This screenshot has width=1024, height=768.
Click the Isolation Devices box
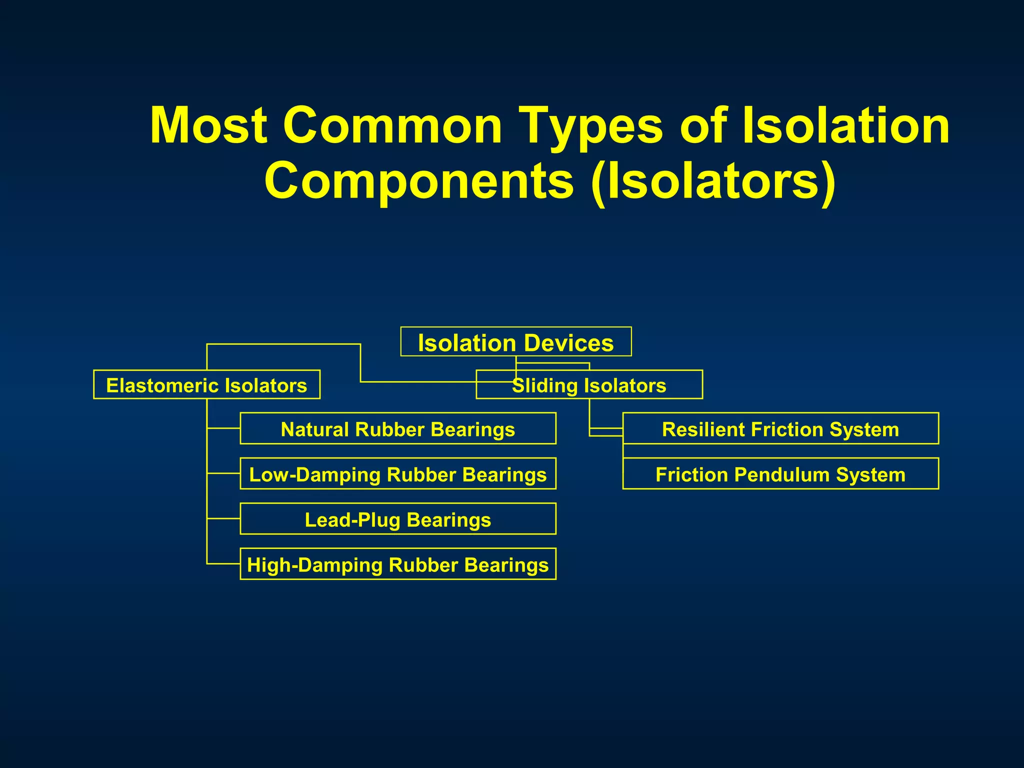click(x=515, y=342)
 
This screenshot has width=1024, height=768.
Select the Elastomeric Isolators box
click(x=206, y=384)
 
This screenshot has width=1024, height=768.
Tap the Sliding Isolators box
click(x=589, y=385)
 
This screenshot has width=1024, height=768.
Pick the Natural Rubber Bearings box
click(x=398, y=428)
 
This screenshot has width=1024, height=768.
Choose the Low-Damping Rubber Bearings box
click(x=398, y=473)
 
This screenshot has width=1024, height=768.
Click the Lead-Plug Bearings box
click(x=398, y=519)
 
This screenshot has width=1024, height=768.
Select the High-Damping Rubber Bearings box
click(x=398, y=564)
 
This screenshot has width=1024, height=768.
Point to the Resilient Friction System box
click(x=780, y=428)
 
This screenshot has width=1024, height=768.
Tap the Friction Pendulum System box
click(x=780, y=473)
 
